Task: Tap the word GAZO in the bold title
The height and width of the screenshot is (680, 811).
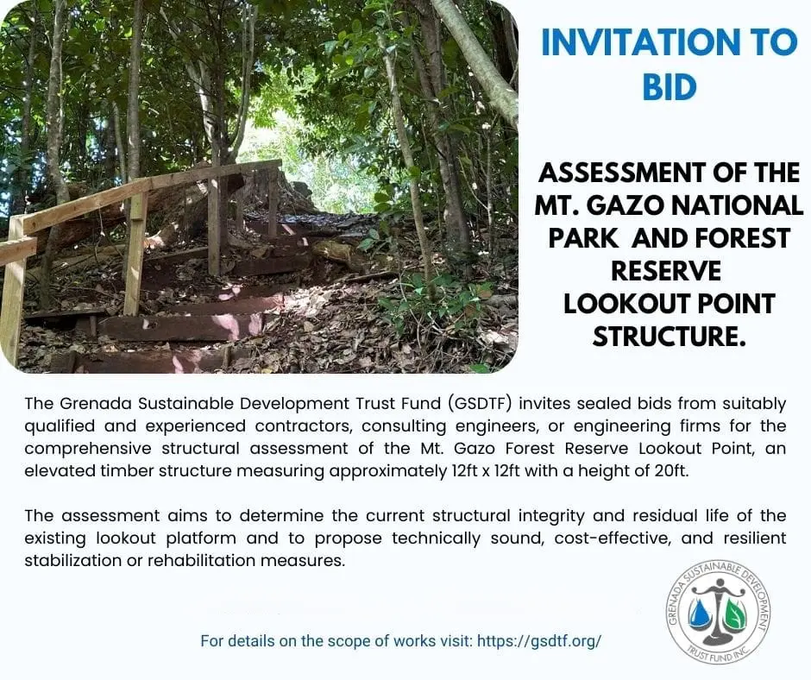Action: [623, 205]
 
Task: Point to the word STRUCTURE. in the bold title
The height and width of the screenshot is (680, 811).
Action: [670, 337]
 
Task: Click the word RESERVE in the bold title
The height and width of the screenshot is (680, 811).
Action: [666, 271]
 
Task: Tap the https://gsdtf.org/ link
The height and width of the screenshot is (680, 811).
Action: [539, 641]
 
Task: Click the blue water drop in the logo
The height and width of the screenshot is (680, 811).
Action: [701, 614]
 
